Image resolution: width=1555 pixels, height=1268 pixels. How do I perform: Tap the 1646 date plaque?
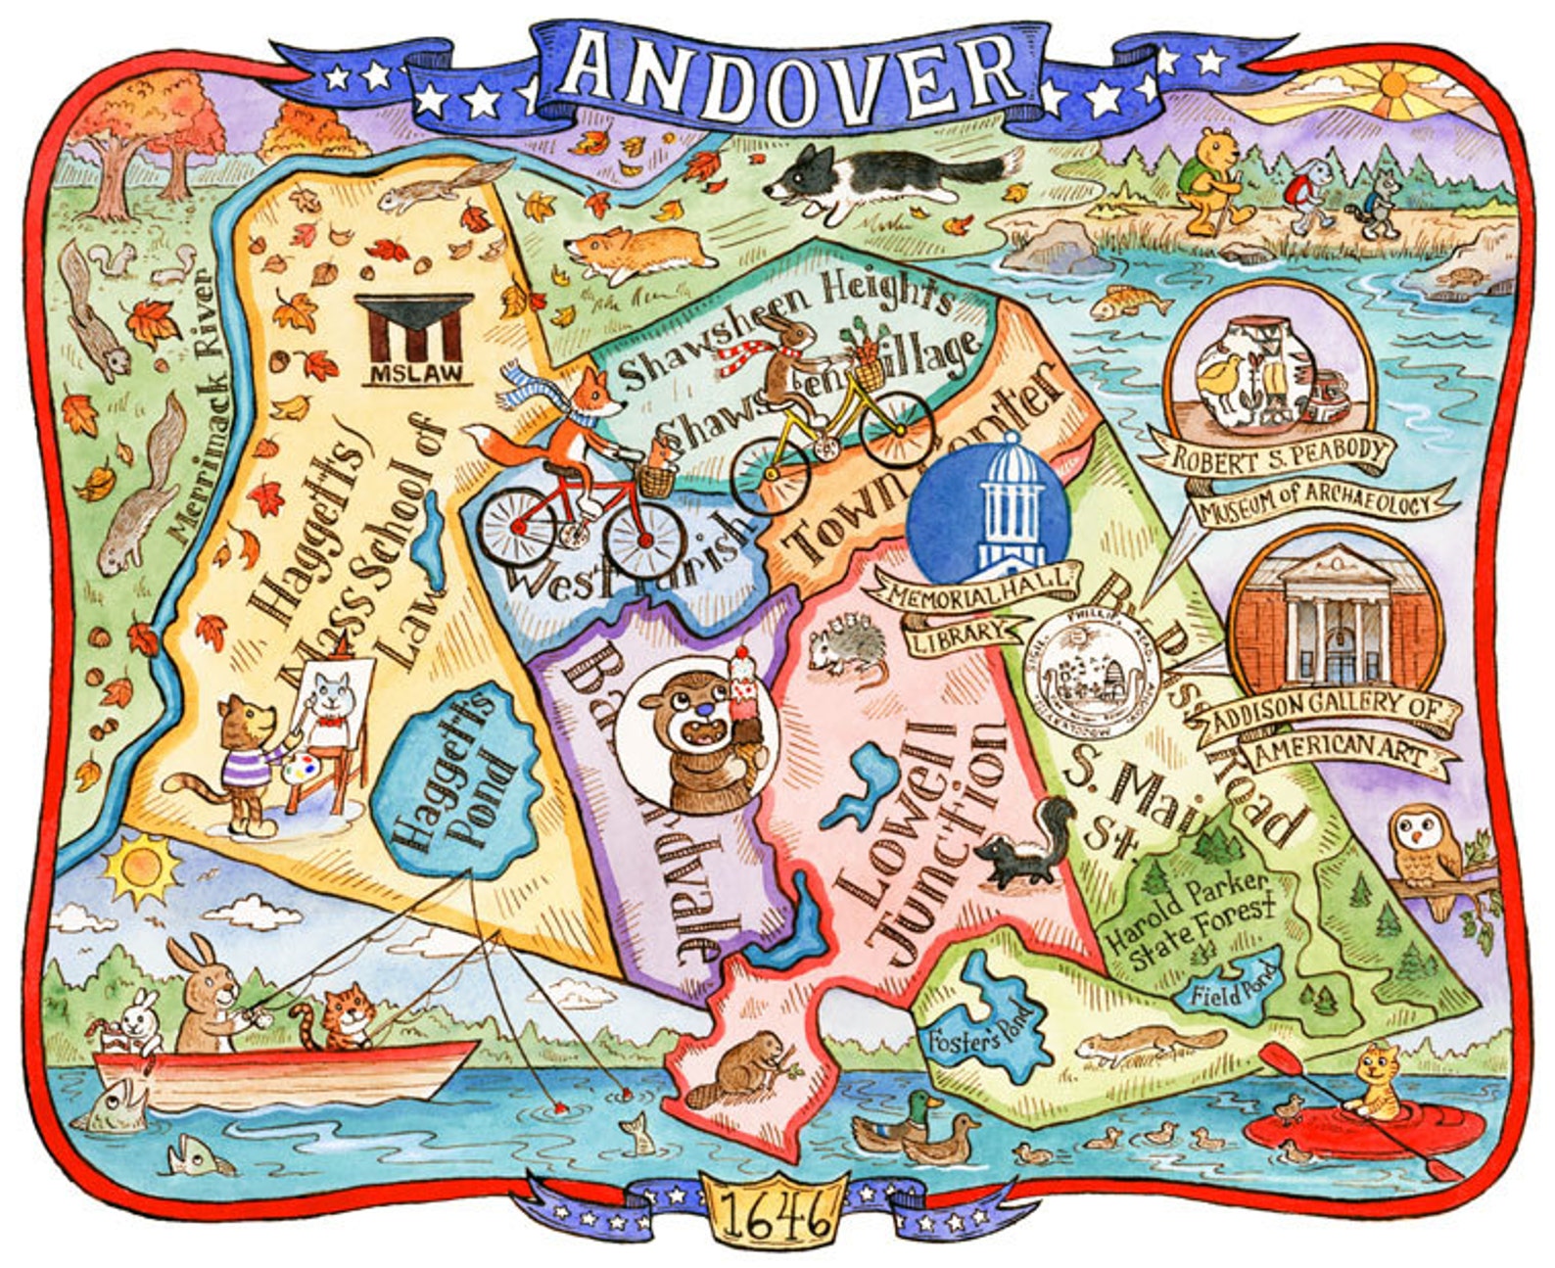coord(773,1214)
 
